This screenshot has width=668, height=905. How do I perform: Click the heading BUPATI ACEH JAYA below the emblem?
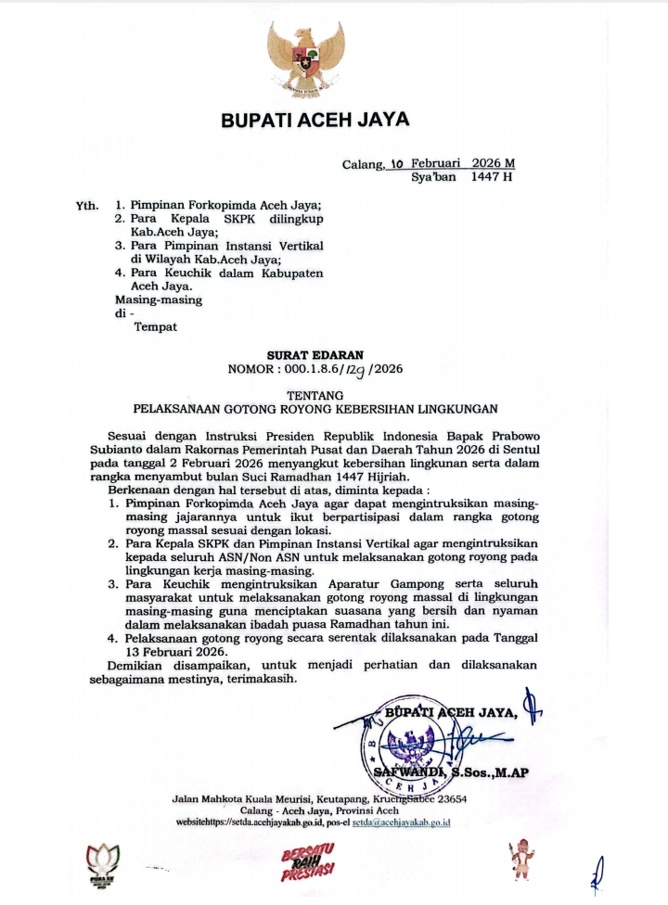coord(315,121)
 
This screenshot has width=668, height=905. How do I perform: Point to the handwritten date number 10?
coord(397,163)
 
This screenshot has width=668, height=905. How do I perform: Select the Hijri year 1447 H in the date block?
coord(492,177)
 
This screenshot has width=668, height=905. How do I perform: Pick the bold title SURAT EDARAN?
coord(315,354)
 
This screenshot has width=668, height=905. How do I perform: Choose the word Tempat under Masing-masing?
coord(155,326)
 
